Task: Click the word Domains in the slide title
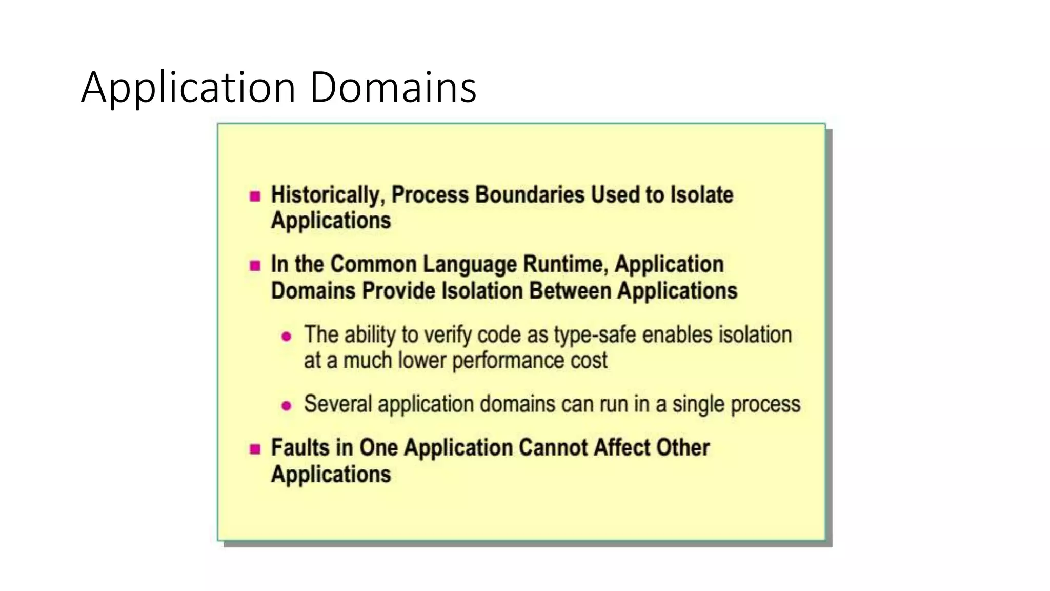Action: click(393, 87)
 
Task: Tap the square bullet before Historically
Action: click(255, 196)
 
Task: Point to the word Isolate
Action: click(702, 195)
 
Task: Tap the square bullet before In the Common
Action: click(255, 265)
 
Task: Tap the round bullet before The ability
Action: click(287, 337)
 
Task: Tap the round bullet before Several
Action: click(287, 406)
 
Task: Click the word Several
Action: click(338, 404)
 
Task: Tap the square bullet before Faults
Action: click(255, 449)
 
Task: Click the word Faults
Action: click(300, 447)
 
